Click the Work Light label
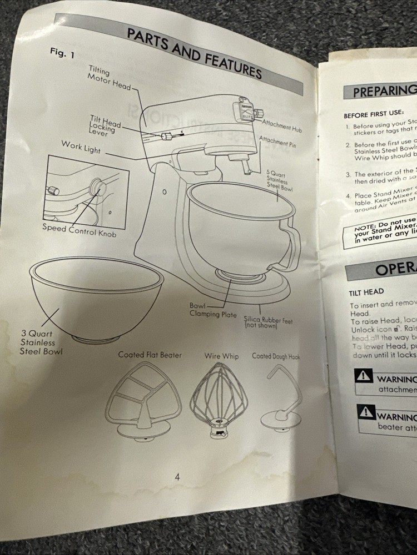click(82, 145)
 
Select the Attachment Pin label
click(277, 140)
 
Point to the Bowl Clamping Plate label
click(212, 311)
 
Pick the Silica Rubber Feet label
click(268, 323)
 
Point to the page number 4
click(177, 477)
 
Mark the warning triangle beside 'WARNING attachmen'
click(364, 376)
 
